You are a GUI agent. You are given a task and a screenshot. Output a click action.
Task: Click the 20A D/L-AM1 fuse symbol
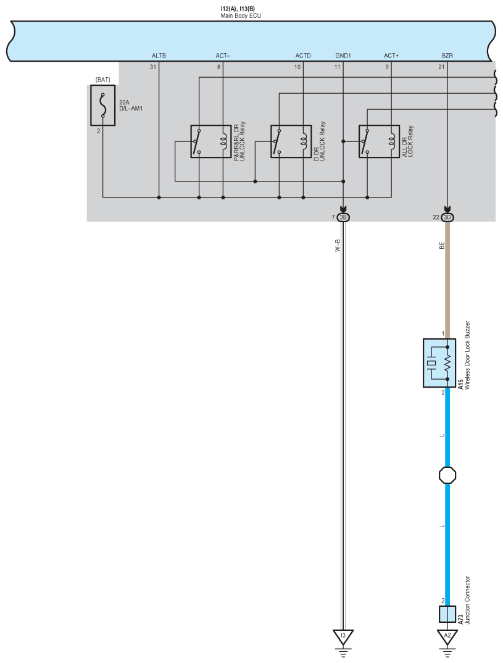tap(102, 106)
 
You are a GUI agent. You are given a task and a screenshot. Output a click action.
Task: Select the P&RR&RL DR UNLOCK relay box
tap(211, 141)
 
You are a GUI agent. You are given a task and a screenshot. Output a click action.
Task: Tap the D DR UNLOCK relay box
tap(291, 141)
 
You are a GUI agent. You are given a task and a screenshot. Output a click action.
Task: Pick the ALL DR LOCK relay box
tap(379, 141)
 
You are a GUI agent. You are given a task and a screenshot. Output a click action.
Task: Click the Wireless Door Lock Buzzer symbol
tap(439, 363)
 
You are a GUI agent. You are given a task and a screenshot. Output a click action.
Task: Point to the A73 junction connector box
tap(447, 614)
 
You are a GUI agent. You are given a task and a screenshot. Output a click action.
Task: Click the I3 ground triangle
tap(343, 635)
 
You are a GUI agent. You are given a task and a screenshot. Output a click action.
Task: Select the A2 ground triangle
tap(447, 635)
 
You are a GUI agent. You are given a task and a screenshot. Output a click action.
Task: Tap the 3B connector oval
tap(343, 217)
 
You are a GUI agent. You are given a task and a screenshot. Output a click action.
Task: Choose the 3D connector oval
tap(447, 217)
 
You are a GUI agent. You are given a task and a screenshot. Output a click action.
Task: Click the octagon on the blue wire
tap(447, 475)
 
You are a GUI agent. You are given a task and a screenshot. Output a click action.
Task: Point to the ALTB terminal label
tap(159, 56)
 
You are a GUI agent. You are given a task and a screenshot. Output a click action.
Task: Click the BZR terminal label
tap(447, 56)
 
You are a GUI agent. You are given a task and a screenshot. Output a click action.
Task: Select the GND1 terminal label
tap(343, 56)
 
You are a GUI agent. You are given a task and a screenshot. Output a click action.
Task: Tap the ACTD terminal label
tap(303, 56)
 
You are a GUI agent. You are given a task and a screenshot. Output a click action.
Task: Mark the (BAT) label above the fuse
tap(102, 80)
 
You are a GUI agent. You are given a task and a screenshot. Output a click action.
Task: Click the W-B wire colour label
tap(338, 246)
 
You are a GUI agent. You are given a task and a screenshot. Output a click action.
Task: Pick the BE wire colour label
tap(442, 245)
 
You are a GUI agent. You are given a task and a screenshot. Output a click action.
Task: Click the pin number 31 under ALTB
tap(152, 67)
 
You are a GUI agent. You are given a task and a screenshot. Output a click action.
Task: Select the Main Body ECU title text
tap(241, 15)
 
